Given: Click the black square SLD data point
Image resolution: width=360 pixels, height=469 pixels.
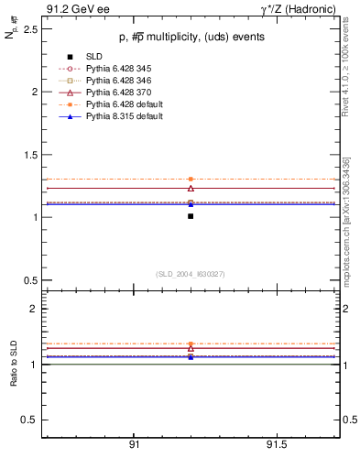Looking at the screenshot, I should tap(191, 216).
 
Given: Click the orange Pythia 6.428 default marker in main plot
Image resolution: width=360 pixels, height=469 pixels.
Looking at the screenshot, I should tap(191, 180).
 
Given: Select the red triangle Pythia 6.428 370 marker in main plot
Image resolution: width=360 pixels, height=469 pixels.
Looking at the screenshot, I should tap(191, 188).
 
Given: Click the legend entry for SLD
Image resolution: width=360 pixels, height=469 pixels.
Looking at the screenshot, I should tap(94, 58).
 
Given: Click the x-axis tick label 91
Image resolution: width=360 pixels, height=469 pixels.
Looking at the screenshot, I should tap(134, 444).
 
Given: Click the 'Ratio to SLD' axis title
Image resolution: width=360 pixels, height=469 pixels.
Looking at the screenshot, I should tap(12, 363).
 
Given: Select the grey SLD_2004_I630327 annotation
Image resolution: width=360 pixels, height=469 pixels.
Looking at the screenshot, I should tap(191, 274).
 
